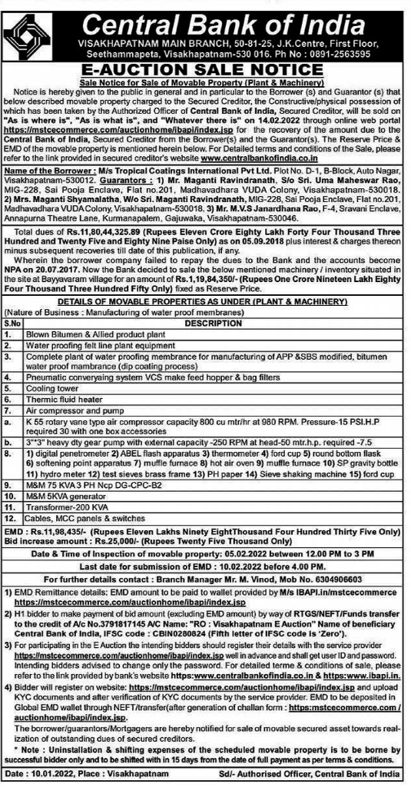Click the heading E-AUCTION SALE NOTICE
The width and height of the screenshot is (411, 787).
pos(205,68)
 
